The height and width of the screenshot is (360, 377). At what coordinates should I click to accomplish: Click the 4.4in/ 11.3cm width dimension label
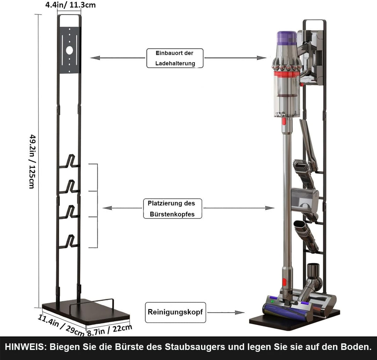point(71,5)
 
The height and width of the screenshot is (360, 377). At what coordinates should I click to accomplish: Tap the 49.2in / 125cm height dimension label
point(31,161)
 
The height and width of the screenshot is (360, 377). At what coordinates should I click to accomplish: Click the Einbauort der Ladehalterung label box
point(175,58)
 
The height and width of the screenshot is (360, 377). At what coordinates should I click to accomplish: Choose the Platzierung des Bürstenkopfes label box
point(172,208)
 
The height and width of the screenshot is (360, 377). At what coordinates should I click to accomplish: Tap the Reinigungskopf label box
point(175,312)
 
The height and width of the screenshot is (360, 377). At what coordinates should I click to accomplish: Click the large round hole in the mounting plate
point(69,50)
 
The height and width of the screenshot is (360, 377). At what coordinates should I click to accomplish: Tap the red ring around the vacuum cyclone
point(287,74)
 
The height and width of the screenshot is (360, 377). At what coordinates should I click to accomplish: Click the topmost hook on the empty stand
point(70,161)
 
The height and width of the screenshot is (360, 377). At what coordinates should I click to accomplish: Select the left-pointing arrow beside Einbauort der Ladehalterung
point(117,58)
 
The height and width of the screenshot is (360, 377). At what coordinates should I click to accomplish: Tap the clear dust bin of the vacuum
point(287,98)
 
